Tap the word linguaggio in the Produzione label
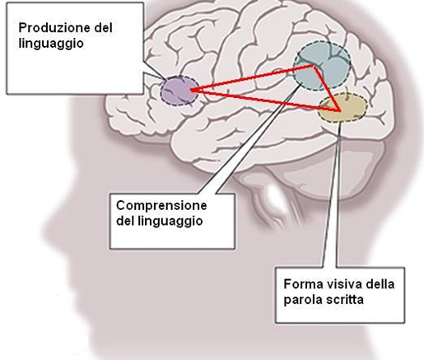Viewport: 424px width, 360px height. (x=51, y=44)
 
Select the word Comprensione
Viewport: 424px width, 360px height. (x=161, y=206)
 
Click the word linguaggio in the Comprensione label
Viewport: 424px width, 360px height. (x=171, y=221)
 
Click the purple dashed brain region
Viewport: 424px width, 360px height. (x=179, y=91)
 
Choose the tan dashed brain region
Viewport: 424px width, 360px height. (x=342, y=108)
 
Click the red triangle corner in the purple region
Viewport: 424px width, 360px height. (x=191, y=90)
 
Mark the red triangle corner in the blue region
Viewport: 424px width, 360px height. (x=314, y=66)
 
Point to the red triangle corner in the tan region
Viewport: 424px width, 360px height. (x=340, y=111)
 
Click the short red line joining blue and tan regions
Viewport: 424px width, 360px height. (x=327, y=88)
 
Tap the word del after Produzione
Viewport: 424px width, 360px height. (x=102, y=28)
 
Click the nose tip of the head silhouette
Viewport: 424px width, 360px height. (x=44, y=229)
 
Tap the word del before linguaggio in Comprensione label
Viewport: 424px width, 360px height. (x=125, y=221)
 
